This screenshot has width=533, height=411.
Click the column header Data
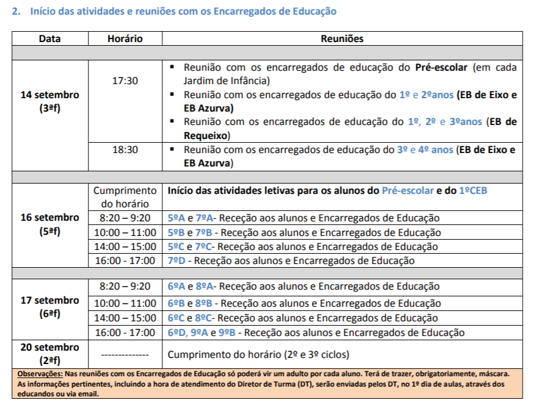pyautogui.click(x=49, y=38)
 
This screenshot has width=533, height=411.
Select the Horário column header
pyautogui.click(x=125, y=38)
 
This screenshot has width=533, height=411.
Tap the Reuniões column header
pyautogui.click(x=342, y=38)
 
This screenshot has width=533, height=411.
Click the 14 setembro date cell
pyautogui.click(x=49, y=101)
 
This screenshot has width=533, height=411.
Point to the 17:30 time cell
pyautogui.click(x=125, y=80)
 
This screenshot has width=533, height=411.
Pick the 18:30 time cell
pyautogui.click(x=125, y=149)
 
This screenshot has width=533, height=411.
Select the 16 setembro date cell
pyautogui.click(x=49, y=224)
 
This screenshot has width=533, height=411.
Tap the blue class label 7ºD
pyautogui.click(x=176, y=261)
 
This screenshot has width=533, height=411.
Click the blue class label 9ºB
pyautogui.click(x=228, y=333)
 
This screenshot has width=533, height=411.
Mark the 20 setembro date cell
pyautogui.click(x=49, y=354)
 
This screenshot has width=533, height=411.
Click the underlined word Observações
pyautogui.click(x=40, y=374)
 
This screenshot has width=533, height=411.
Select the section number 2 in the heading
pyautogui.click(x=16, y=12)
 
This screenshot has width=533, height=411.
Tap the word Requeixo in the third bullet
pyautogui.click(x=206, y=135)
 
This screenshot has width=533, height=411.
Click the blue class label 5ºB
pyautogui.click(x=176, y=232)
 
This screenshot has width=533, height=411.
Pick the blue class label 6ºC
pyautogui.click(x=176, y=318)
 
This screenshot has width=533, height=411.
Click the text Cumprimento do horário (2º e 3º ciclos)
pyautogui.click(x=258, y=354)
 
